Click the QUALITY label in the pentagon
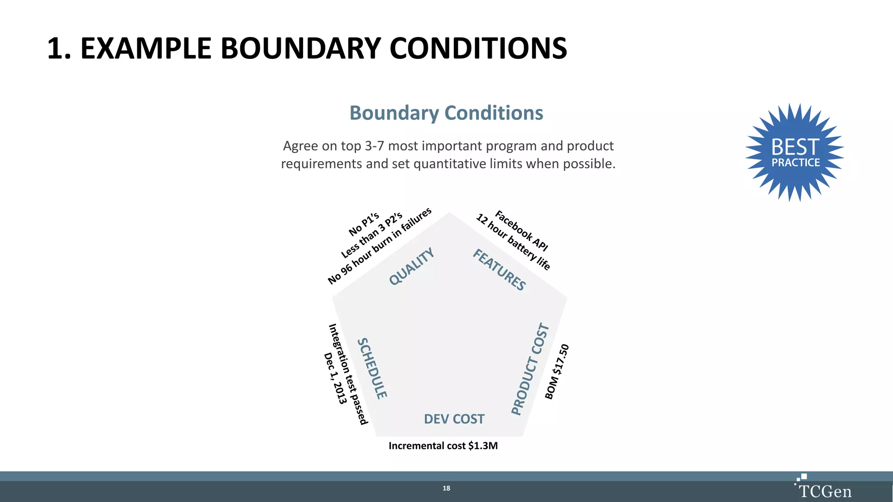(412, 266)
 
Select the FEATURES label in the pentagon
(500, 270)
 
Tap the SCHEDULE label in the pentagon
(372, 368)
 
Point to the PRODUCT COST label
(530, 369)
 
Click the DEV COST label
(454, 419)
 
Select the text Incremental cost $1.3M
(443, 446)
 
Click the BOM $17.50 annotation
(557, 371)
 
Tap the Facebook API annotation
(521, 231)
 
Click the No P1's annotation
(364, 224)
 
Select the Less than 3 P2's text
(372, 235)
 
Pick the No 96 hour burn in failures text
(380, 246)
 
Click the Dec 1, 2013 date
(335, 378)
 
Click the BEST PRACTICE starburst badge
(795, 153)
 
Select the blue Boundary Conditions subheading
(446, 113)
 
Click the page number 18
(446, 488)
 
